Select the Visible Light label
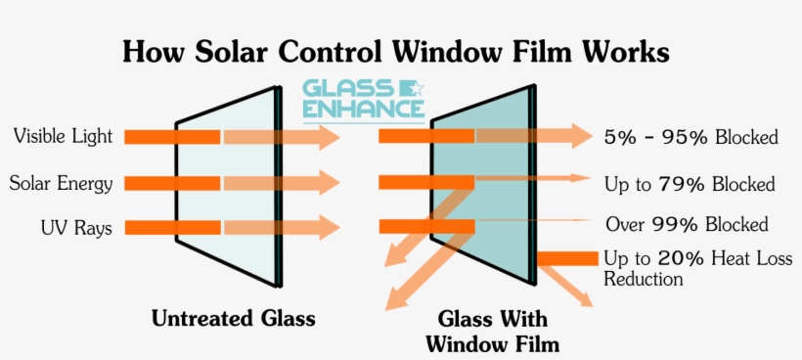point(63,136)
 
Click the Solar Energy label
point(61,183)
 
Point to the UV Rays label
point(76,229)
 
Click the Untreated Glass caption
point(234,319)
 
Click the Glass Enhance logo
point(363,101)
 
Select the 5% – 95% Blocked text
point(691,138)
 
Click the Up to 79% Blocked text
point(690,184)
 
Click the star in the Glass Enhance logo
point(415,89)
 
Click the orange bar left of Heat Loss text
point(567,258)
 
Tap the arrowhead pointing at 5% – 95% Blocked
point(580,137)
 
